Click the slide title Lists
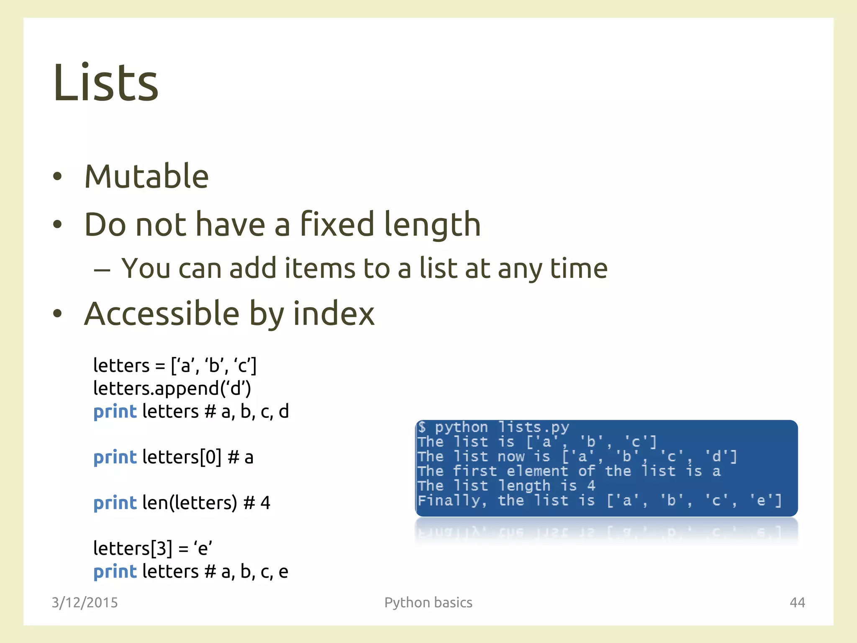(105, 82)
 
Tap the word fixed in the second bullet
(337, 224)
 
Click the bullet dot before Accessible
(57, 314)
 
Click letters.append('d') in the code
(172, 389)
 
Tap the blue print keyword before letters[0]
(115, 458)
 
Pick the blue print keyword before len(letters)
(115, 503)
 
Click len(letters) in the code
(190, 503)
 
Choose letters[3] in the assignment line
(133, 549)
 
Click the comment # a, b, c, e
(246, 572)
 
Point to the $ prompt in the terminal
(422, 427)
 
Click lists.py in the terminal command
(534, 427)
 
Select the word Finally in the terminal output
(451, 501)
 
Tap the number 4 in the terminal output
(591, 486)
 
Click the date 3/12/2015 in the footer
(85, 603)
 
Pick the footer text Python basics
(428, 603)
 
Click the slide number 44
(797, 603)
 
